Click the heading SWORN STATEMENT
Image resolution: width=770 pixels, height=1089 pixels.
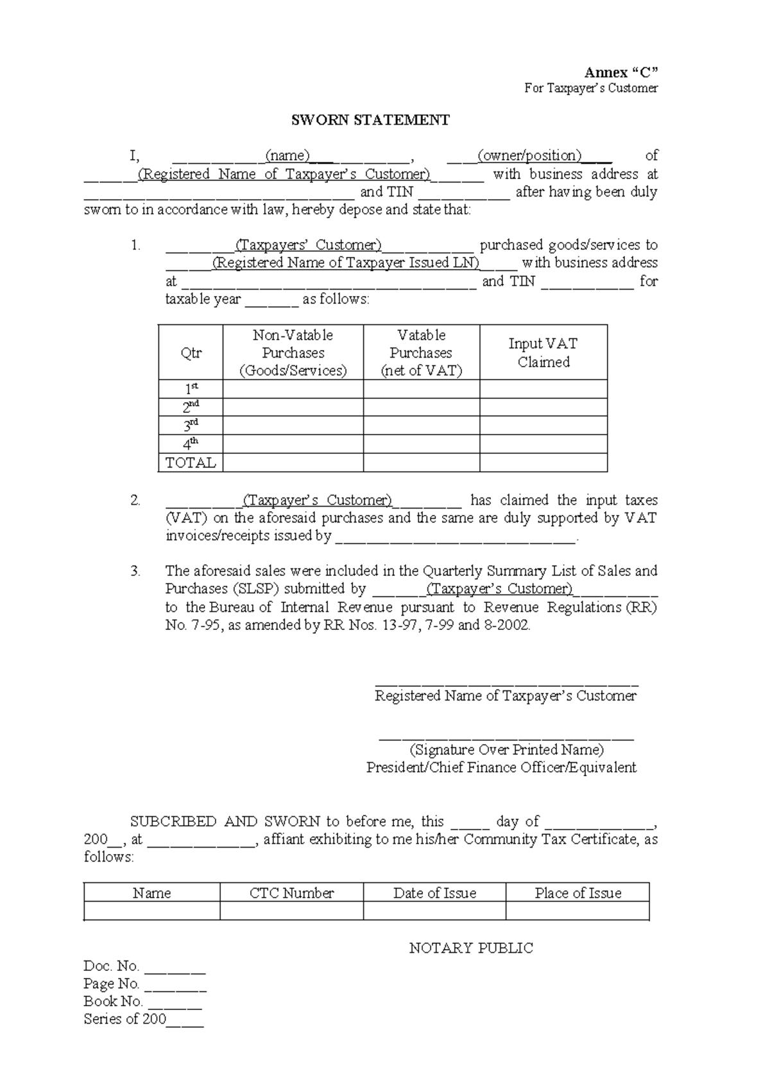click(370, 120)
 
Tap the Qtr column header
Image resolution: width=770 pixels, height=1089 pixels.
click(191, 353)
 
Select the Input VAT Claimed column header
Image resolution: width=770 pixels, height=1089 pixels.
click(543, 353)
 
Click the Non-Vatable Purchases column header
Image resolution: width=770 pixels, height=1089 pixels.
click(293, 353)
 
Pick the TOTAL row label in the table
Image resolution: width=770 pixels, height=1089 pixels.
click(191, 463)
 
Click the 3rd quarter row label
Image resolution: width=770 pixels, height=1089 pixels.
click(191, 426)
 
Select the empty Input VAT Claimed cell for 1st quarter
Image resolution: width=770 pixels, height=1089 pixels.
click(543, 389)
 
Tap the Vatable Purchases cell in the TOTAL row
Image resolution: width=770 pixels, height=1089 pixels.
click(421, 463)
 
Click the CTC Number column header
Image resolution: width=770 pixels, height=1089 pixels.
click(291, 893)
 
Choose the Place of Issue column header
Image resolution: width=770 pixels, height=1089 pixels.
click(577, 893)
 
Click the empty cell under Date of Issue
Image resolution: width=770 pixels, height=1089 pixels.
click(434, 911)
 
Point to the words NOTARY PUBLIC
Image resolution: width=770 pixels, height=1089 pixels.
click(471, 948)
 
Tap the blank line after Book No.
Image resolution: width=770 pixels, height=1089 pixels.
click(175, 1002)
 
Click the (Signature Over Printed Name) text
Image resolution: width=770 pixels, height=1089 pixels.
click(506, 750)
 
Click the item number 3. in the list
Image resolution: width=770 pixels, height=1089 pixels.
click(135, 571)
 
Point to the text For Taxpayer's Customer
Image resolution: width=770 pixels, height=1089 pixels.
click(591, 89)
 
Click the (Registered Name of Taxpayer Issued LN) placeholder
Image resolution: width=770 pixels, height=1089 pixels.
click(345, 263)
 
